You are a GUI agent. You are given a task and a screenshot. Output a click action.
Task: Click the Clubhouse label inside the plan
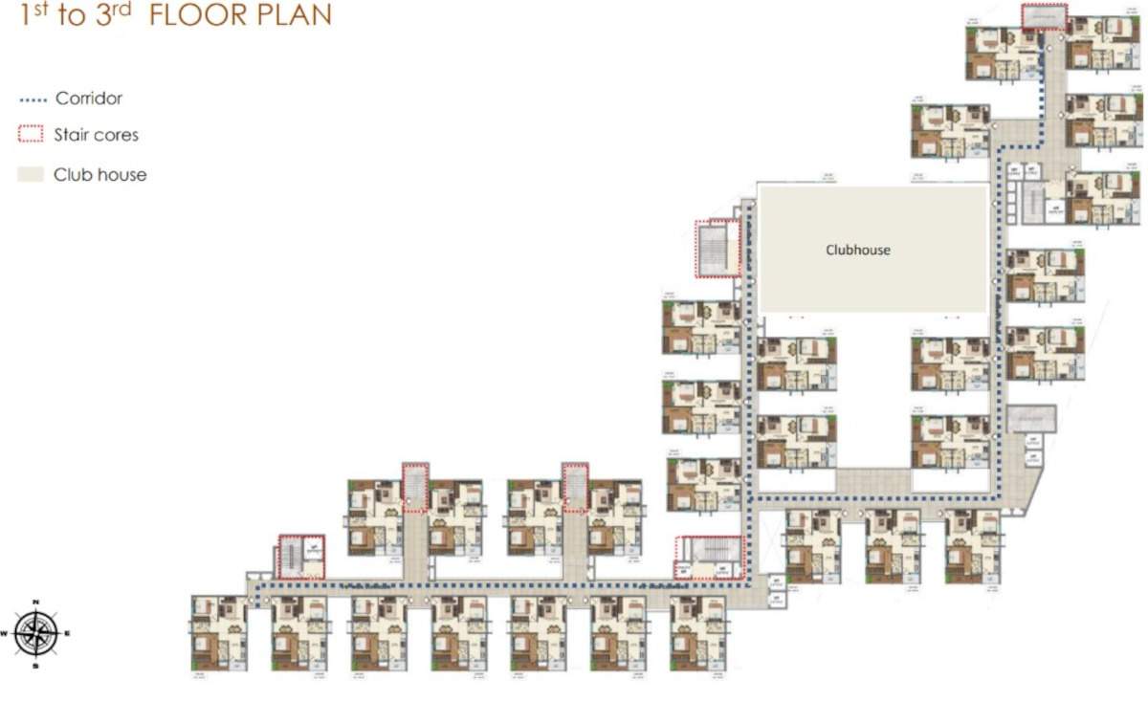pyautogui.click(x=858, y=250)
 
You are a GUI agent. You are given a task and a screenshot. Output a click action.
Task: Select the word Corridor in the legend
pyautogui.click(x=89, y=99)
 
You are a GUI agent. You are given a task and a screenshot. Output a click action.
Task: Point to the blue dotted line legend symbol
pyautogui.click(x=33, y=99)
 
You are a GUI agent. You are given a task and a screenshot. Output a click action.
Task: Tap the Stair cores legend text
pyautogui.click(x=96, y=135)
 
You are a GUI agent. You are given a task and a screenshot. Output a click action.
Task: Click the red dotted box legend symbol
pyautogui.click(x=32, y=135)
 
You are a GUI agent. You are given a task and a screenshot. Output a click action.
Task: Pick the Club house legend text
pyautogui.click(x=99, y=175)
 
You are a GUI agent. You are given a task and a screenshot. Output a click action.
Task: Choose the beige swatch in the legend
pyautogui.click(x=32, y=175)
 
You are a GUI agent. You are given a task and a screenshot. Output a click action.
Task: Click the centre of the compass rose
pyautogui.click(x=35, y=632)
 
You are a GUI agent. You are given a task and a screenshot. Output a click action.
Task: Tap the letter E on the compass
pyautogui.click(x=67, y=633)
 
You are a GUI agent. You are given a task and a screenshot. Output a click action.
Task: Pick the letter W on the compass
pyautogui.click(x=5, y=633)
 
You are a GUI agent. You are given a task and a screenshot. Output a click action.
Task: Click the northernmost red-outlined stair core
pyautogui.click(x=1044, y=16)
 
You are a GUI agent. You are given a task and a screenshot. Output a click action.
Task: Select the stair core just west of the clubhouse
pyautogui.click(x=717, y=248)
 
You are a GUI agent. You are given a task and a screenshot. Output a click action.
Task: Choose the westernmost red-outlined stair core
pyautogui.click(x=301, y=557)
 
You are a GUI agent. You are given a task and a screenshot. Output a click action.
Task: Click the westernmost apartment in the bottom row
pyautogui.click(x=219, y=632)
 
